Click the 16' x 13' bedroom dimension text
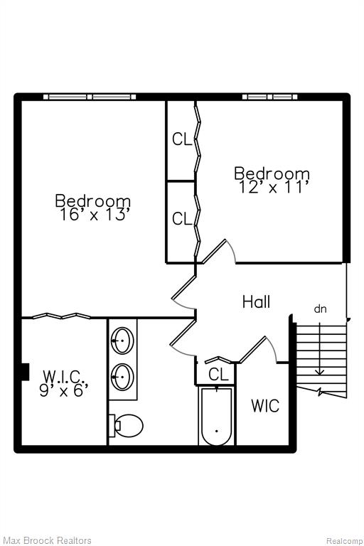93,215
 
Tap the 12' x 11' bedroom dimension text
274,188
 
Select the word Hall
256,301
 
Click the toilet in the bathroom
126,425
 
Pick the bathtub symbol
217,416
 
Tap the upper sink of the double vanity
122,341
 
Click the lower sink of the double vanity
122,377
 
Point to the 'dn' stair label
321,309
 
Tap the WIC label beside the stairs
265,406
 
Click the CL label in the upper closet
182,139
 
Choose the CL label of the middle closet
182,219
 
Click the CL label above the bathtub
218,375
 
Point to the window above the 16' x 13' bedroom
90,97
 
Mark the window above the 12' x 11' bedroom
270,97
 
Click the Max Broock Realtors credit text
47,540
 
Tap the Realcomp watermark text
343,541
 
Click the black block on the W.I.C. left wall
25,372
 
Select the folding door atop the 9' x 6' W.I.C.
61,316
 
